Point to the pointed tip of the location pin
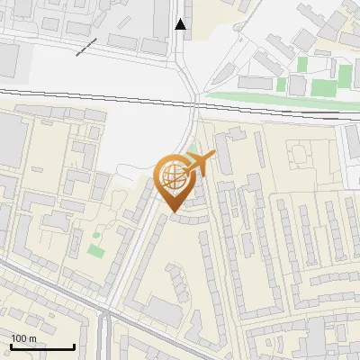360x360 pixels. (x=174, y=212)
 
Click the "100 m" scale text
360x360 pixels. (x=23, y=337)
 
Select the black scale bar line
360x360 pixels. (x=42, y=346)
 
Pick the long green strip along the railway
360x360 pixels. (x=270, y=96)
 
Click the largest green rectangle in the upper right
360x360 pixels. (x=323, y=87)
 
